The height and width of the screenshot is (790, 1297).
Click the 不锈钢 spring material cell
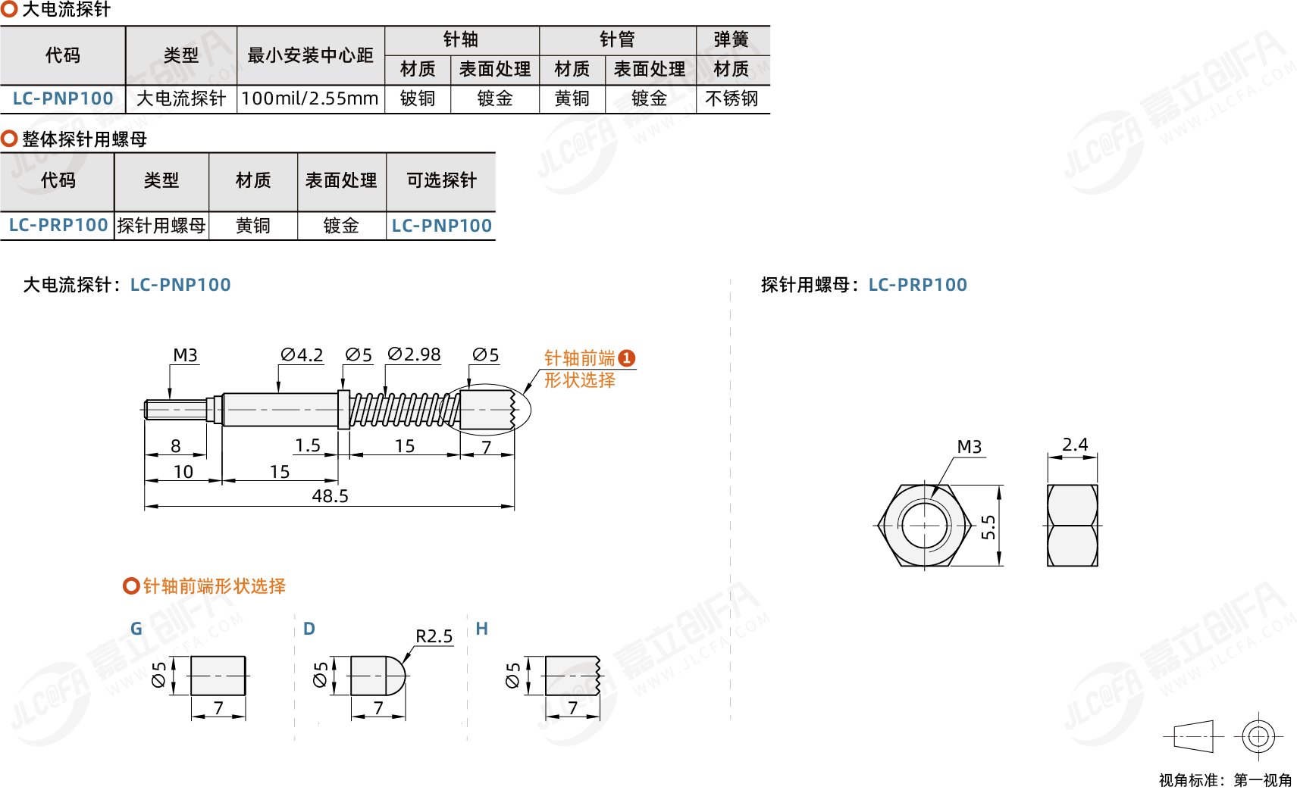732,98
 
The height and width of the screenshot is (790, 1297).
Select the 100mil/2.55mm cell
310,98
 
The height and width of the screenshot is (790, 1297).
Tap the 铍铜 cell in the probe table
418,98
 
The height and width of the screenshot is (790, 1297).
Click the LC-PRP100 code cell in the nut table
58,225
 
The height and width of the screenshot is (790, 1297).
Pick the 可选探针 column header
441,180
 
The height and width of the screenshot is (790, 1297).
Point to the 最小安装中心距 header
310,55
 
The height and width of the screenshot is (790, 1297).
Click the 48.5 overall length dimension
330,496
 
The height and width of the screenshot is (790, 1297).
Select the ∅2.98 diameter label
414,354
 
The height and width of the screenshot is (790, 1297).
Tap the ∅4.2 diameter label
302,355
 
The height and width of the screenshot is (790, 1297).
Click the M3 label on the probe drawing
185,355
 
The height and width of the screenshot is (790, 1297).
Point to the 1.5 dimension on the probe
308,445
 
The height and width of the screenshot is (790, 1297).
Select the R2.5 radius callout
434,636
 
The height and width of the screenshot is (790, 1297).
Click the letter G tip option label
136,629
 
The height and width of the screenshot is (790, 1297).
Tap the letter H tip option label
481,629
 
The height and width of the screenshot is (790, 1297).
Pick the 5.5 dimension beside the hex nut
988,526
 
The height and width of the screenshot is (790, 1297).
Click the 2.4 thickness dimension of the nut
1074,445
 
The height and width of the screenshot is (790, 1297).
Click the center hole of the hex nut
924,525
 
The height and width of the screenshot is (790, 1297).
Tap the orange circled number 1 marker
627,358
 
